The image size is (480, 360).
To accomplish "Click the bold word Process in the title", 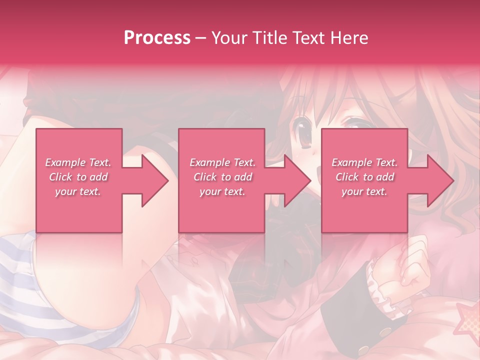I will pos(157,38).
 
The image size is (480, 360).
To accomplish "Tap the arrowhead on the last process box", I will pos(439,180).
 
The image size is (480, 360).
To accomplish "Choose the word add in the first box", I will pos(99,177).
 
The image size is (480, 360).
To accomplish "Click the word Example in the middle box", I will pos(208,162).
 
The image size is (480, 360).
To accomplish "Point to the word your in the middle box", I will pos(210,191).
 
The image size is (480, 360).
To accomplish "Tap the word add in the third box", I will pos(386,177).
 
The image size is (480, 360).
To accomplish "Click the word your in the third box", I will pos(352,191).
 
